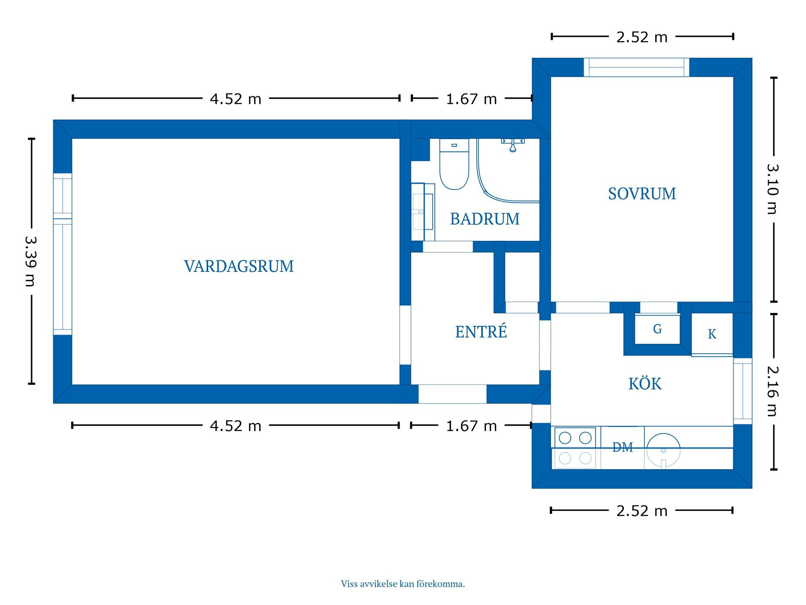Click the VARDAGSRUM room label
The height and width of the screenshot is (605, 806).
pyautogui.click(x=238, y=266)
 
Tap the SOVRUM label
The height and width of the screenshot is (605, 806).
pyautogui.click(x=641, y=194)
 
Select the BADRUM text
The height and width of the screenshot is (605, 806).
pyautogui.click(x=484, y=219)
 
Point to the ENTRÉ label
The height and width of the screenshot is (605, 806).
pyautogui.click(x=481, y=331)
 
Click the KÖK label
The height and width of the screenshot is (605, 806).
pyautogui.click(x=644, y=384)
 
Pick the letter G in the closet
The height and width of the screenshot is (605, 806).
pyautogui.click(x=657, y=329)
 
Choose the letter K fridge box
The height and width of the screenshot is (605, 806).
pyautogui.click(x=712, y=334)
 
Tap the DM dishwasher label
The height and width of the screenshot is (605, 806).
pyautogui.click(x=622, y=447)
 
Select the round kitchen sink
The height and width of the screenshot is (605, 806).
pyautogui.click(x=663, y=450)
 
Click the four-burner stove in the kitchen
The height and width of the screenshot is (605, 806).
pyautogui.click(x=575, y=448)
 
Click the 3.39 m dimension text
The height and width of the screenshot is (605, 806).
pyautogui.click(x=31, y=261)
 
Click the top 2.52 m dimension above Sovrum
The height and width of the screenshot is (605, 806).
pyautogui.click(x=641, y=37)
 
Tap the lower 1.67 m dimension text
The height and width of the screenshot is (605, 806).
pyautogui.click(x=471, y=426)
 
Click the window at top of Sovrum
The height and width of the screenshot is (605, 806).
pyautogui.click(x=636, y=68)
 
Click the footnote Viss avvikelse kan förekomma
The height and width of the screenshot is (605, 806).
pyautogui.click(x=403, y=584)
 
